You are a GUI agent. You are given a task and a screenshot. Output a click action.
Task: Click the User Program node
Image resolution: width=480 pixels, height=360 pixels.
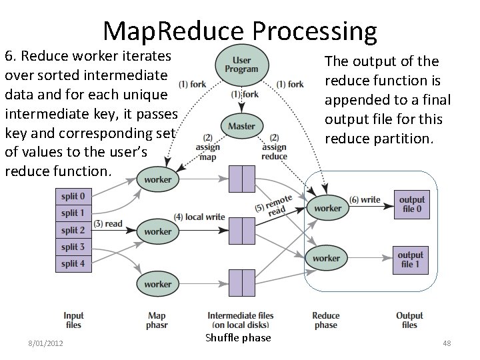point(241,65)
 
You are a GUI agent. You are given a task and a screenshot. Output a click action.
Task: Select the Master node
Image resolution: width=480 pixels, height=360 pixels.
point(241,127)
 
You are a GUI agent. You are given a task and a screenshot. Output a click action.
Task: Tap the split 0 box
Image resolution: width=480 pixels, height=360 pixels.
point(73,197)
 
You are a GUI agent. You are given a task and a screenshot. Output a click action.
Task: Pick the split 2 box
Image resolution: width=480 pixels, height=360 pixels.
point(73,230)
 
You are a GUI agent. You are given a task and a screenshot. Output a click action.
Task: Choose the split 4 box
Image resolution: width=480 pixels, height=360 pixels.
point(73,263)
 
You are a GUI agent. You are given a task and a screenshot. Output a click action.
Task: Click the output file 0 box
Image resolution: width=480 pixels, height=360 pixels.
point(411,205)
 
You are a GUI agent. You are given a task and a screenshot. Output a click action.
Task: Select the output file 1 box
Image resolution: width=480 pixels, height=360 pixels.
point(411,259)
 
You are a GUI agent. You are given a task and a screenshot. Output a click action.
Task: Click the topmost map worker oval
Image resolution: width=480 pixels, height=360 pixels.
point(157,179)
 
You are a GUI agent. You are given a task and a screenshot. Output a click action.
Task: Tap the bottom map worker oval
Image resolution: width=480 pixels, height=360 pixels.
point(157,284)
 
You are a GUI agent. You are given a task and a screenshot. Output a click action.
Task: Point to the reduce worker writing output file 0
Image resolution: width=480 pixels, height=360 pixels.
point(327,208)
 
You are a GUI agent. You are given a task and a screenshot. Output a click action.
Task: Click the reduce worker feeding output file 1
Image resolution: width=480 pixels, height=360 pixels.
point(326,258)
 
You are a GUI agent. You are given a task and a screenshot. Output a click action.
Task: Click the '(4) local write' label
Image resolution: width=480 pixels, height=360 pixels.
point(199,217)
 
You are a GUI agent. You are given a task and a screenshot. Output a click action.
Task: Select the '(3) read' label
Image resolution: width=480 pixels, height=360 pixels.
point(108,223)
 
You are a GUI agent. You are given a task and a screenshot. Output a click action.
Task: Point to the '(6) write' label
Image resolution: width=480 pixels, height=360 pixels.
point(365,200)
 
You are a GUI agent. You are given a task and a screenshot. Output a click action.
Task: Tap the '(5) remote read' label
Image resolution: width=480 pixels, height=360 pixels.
point(273,205)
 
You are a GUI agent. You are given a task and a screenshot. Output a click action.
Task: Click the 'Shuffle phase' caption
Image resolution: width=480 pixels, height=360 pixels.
point(238,337)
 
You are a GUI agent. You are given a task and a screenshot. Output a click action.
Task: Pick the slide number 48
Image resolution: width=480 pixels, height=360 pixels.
point(447,343)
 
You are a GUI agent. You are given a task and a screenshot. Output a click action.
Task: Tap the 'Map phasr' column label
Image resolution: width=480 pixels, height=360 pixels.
point(157,320)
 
